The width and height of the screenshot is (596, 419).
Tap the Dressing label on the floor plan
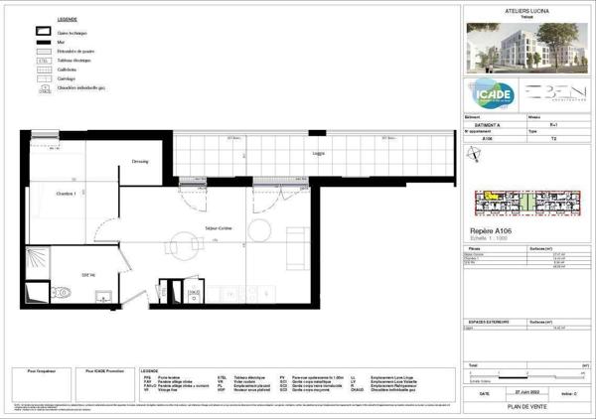[x=140, y=162]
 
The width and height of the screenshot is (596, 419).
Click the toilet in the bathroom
[x=62, y=291]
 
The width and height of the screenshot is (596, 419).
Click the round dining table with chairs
[x=180, y=242]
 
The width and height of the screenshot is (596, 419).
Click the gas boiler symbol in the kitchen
[x=196, y=294]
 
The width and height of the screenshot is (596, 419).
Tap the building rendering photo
[x=525, y=44]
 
